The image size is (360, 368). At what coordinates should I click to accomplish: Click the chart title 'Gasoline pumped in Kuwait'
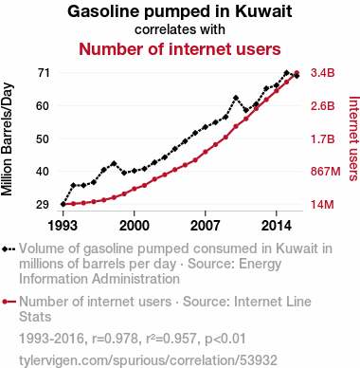point(180,11)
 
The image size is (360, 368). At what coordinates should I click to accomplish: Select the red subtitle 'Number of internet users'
point(180,49)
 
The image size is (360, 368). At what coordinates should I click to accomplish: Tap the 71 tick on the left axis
point(44,73)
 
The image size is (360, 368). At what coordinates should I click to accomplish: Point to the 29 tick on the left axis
point(43,205)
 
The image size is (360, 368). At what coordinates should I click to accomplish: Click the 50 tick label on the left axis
point(43,138)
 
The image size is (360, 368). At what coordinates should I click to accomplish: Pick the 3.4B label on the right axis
point(322,73)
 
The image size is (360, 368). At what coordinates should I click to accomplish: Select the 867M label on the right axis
point(326,172)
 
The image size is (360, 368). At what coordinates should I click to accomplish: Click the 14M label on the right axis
point(322,205)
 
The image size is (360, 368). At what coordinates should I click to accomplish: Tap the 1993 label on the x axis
point(63,226)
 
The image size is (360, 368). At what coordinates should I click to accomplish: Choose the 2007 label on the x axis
point(206,226)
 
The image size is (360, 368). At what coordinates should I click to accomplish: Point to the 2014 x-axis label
point(277,226)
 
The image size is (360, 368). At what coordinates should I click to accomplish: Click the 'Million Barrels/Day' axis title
point(7,139)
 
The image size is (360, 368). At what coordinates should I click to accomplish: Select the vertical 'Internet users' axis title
point(353,138)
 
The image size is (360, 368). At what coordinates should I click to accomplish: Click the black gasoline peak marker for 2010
point(236,98)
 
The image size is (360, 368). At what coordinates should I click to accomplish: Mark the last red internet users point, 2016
point(297,73)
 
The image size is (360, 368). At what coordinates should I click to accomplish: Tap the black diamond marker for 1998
point(114,164)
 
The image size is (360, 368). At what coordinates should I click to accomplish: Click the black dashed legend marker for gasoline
point(9,249)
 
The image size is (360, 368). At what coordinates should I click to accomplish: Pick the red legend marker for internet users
point(9,302)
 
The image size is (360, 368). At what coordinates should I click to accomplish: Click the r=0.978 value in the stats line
point(116,339)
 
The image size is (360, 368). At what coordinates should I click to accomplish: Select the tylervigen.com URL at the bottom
point(148,360)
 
